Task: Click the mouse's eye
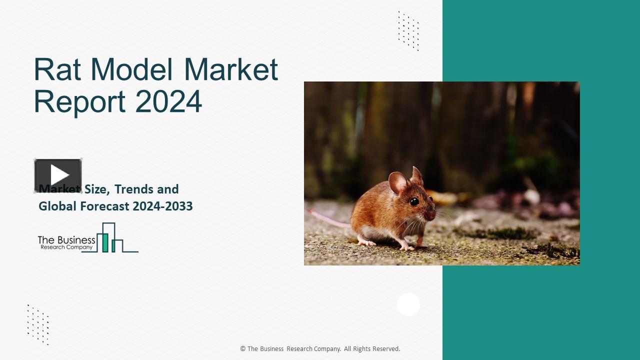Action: (414, 201)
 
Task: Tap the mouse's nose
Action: (433, 215)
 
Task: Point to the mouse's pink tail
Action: (327, 218)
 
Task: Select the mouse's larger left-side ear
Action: (398, 182)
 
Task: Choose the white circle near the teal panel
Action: (408, 304)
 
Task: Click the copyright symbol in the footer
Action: (243, 349)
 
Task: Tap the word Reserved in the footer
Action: (386, 349)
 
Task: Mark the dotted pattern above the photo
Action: (408, 31)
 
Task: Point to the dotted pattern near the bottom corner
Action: (38, 324)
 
